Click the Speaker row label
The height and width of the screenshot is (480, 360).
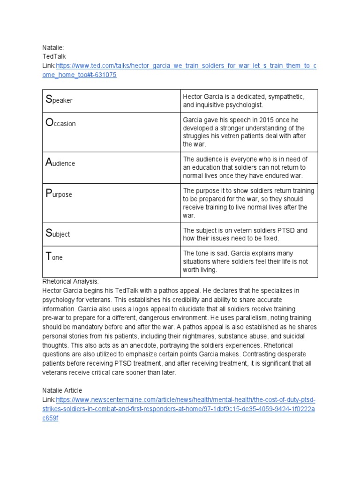point(59,100)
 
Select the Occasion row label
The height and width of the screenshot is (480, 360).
point(60,123)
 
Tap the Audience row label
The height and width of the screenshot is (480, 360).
point(60,163)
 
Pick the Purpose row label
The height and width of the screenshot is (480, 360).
point(59,194)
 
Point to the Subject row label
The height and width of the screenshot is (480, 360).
point(57,233)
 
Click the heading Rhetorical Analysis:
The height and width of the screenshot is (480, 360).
point(70,281)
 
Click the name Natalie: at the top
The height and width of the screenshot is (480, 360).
point(52,47)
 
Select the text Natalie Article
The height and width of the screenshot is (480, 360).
point(62,390)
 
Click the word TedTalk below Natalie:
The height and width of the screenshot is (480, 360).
point(54,56)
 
